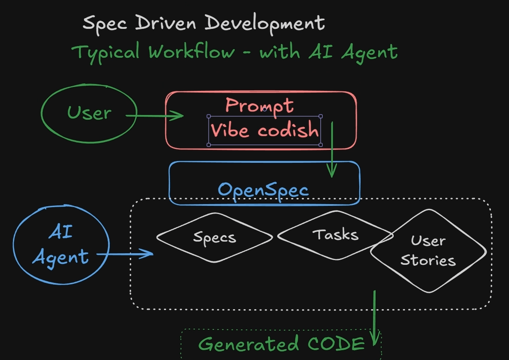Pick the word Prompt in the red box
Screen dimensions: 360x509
[259, 106]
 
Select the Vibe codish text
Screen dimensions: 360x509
[265, 130]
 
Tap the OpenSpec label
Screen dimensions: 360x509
[263, 189]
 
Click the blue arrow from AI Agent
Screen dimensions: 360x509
[125, 254]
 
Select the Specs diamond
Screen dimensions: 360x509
[214, 237]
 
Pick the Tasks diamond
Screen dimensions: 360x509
[335, 235]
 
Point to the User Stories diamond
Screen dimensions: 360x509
[428, 251]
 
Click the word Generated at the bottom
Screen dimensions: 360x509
[248, 344]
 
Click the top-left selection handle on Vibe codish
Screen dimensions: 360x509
[209, 116]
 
